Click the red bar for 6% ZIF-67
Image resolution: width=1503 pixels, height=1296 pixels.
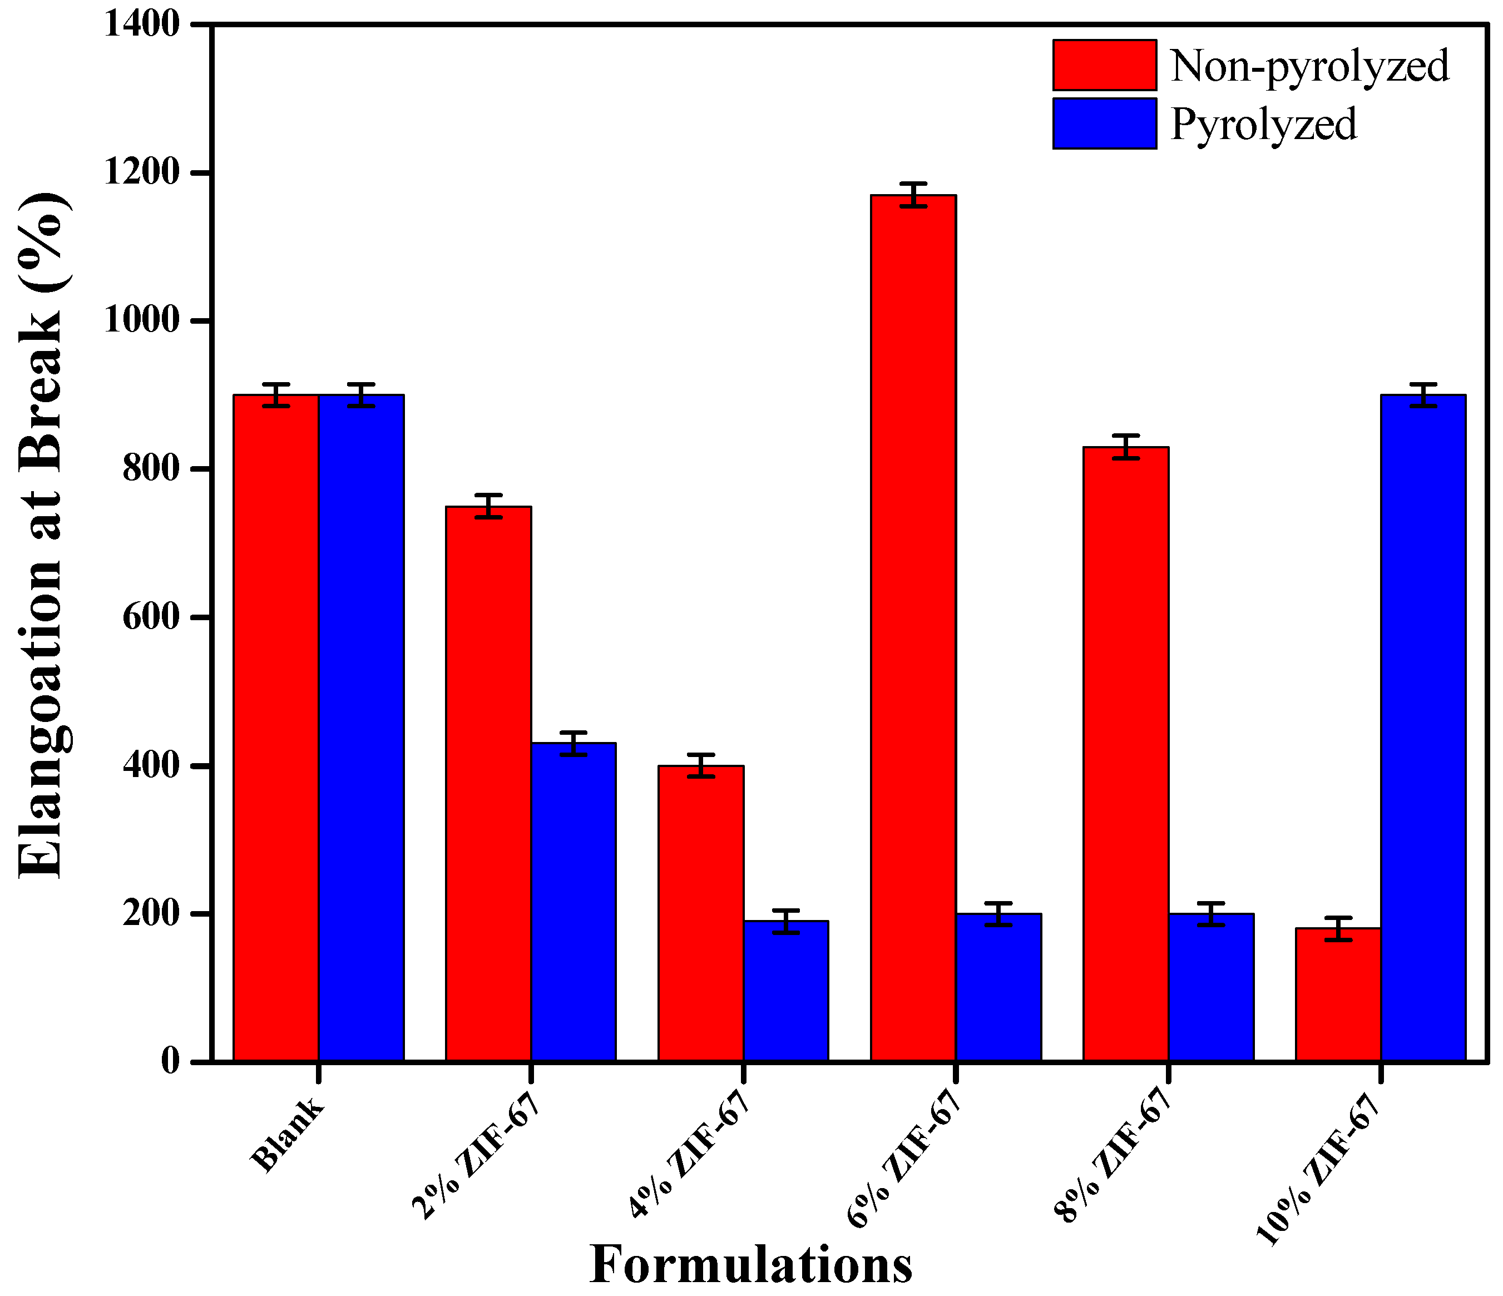913,627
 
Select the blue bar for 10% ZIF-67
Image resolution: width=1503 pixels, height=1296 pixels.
1423,728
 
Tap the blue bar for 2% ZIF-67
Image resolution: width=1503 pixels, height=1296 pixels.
573,902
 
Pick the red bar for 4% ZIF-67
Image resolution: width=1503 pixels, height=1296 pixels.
701,913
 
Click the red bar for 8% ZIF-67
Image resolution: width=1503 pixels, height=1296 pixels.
1126,754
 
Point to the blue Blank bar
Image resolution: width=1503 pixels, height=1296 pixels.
361,728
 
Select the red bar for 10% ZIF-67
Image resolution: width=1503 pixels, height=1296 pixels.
1338,995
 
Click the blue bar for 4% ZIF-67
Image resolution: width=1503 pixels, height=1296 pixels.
785,991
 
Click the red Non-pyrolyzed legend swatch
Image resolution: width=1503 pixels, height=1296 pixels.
1104,65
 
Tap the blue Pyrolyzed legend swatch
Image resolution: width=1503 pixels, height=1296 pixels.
1104,123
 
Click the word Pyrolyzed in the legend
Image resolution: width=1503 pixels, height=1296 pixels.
1264,125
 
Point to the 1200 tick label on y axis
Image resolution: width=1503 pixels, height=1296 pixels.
141,172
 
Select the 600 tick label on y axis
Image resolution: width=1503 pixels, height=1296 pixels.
150,617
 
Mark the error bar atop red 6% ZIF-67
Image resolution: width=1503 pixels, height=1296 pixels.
913,194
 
